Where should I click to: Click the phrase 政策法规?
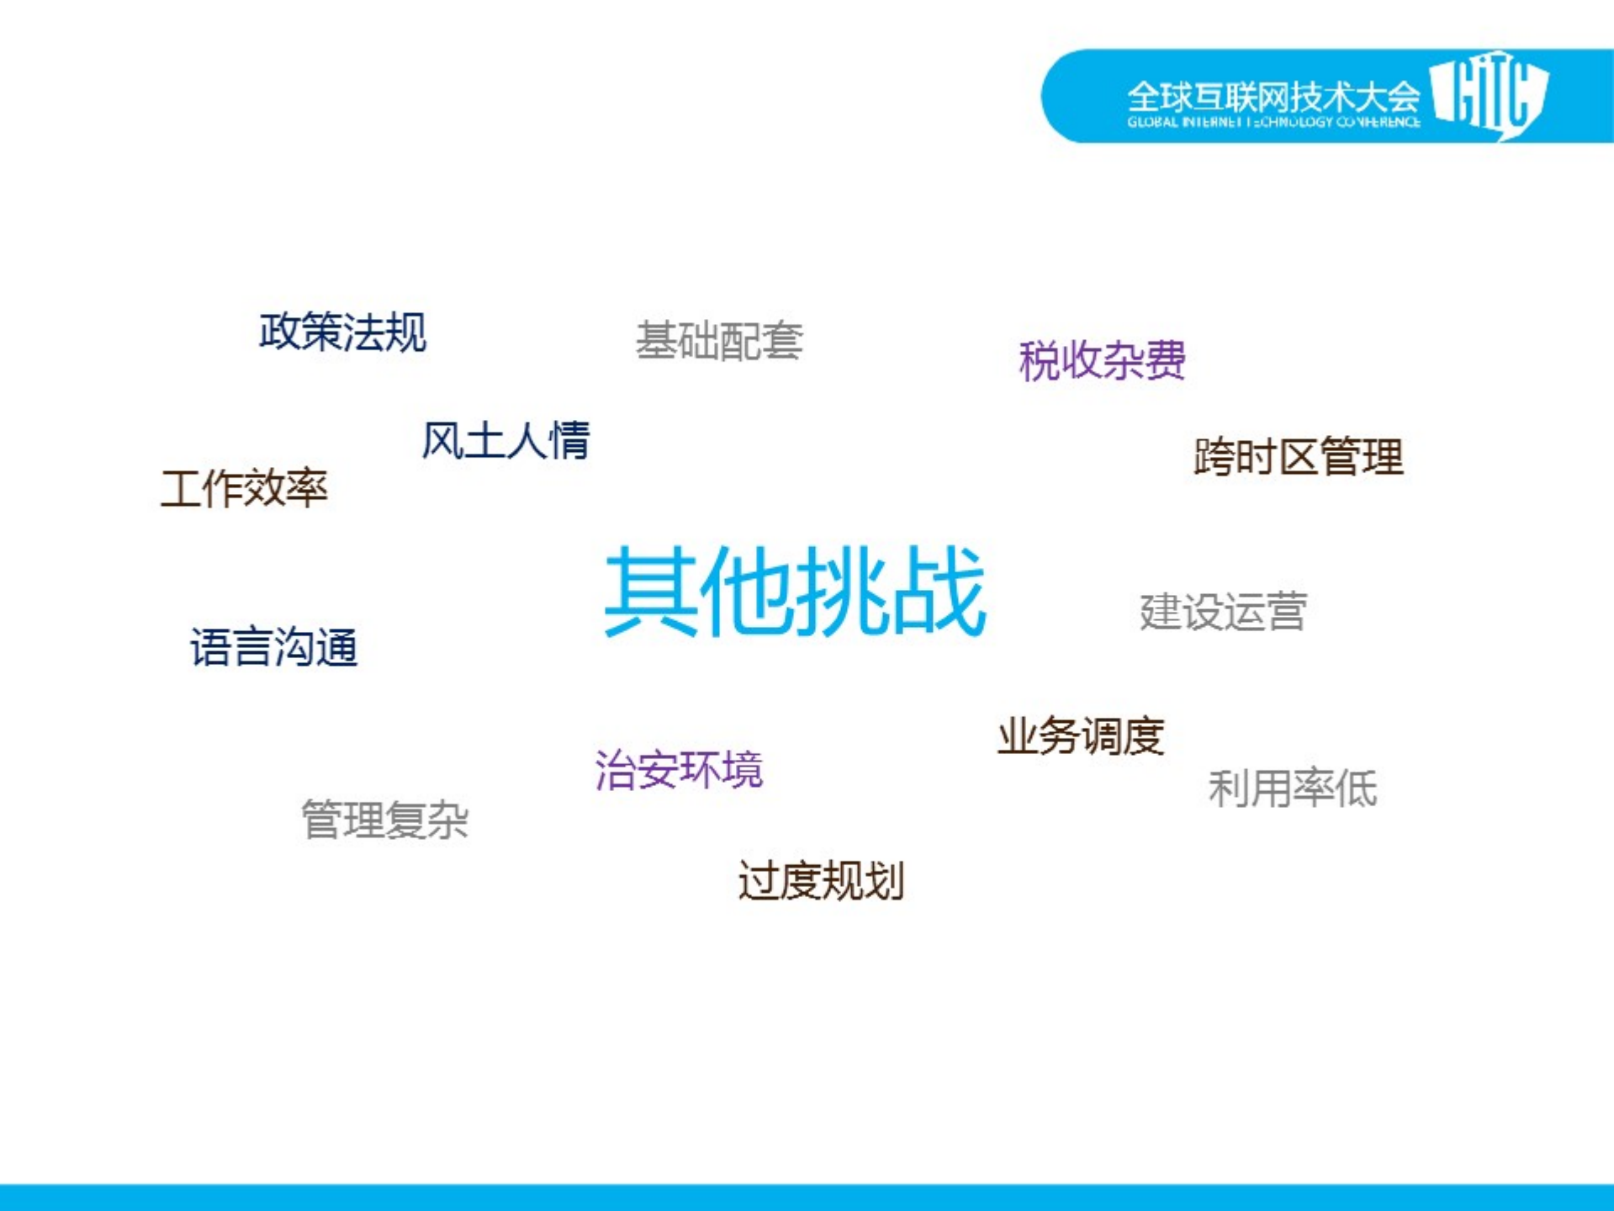tap(342, 332)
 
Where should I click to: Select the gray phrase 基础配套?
tap(719, 341)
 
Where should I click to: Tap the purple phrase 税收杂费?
tap(1102, 361)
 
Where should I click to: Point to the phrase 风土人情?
tap(505, 440)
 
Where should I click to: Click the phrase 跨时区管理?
tap(1298, 457)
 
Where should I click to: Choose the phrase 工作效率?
tap(244, 488)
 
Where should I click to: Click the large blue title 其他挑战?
tap(795, 590)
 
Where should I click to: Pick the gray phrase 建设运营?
tap(1223, 611)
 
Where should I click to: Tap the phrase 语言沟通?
tap(274, 647)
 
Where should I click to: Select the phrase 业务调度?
tap(1081, 736)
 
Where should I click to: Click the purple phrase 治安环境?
tap(679, 769)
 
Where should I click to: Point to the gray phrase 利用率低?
tap(1293, 789)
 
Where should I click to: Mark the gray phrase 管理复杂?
tap(384, 820)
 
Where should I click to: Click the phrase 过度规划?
tap(821, 881)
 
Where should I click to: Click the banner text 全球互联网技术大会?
tap(1273, 96)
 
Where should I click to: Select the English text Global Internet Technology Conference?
tap(1273, 123)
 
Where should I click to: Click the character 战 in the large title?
tap(939, 590)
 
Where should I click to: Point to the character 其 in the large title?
tap(651, 590)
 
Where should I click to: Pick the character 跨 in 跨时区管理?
tap(1214, 457)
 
